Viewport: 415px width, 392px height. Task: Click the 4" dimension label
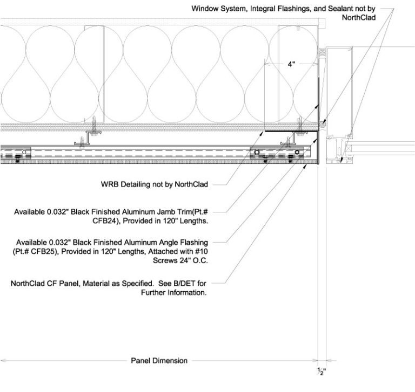coord(291,64)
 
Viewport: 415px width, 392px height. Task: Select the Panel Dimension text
coord(159,360)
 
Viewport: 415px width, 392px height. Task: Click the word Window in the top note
coord(204,9)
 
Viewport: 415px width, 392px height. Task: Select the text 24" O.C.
coord(192,260)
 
